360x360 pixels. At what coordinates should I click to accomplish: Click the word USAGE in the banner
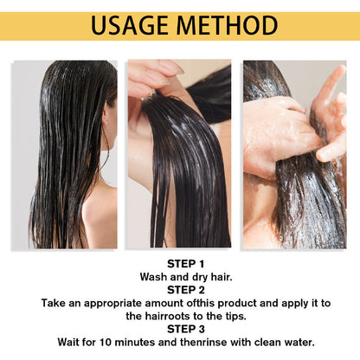click(x=130, y=25)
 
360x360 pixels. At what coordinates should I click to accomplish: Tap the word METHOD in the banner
click(x=227, y=25)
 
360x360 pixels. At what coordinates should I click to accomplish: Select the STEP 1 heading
click(x=186, y=264)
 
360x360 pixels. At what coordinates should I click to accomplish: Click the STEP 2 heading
click(x=186, y=290)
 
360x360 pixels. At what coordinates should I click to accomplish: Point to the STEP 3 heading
click(x=186, y=329)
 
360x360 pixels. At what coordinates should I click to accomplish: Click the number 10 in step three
click(x=106, y=343)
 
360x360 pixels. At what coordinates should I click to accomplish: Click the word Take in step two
click(x=53, y=303)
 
